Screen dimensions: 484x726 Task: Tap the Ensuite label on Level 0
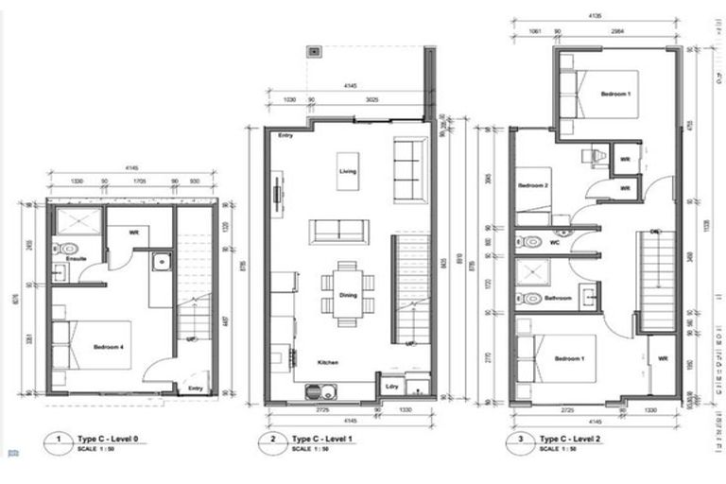tap(63, 257)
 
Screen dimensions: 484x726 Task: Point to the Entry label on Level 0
tap(195, 388)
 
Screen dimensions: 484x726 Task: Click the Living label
tap(347, 171)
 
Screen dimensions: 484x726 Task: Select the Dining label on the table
tap(347, 296)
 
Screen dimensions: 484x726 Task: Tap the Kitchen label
tap(329, 362)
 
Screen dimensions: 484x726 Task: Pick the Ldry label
tap(390, 387)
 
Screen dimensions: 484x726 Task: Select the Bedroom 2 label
tap(533, 185)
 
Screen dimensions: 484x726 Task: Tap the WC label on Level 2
tap(555, 243)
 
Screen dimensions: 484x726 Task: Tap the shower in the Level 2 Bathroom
tap(531, 273)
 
